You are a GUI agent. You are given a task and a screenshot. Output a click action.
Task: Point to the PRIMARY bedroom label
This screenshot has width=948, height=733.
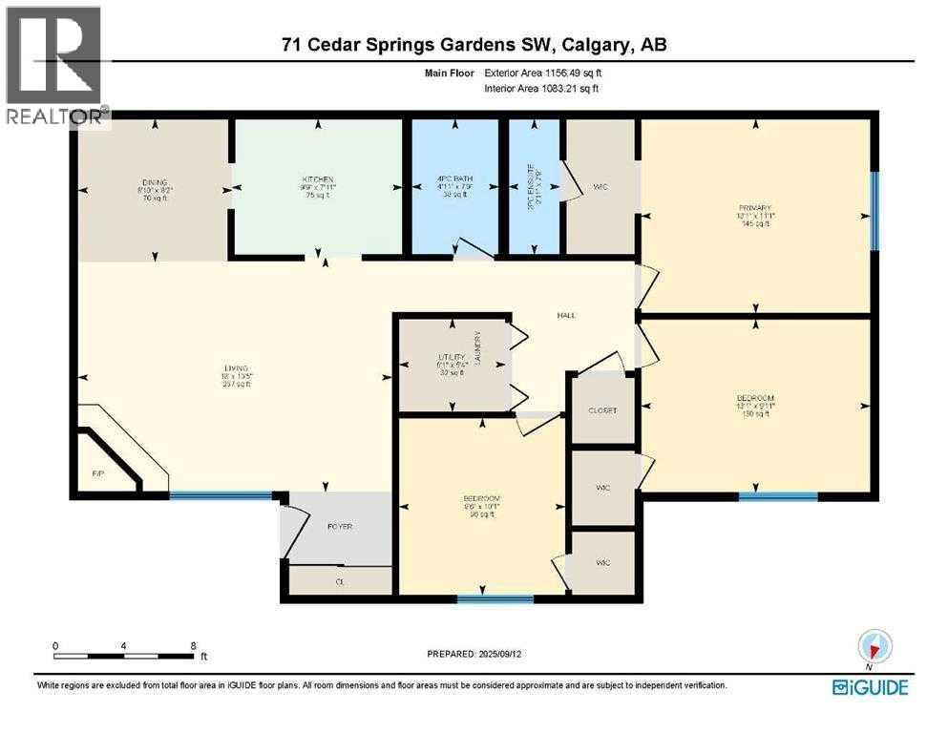click(755, 207)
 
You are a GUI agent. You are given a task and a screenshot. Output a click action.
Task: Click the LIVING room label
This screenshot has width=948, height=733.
click(236, 367)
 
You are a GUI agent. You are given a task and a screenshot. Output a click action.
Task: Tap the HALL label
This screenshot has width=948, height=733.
click(566, 316)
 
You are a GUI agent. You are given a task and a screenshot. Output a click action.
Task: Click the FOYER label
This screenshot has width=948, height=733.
click(341, 526)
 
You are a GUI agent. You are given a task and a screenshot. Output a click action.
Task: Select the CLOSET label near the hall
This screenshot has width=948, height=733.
click(601, 410)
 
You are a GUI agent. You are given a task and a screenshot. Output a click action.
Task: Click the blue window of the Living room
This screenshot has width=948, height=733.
click(221, 495)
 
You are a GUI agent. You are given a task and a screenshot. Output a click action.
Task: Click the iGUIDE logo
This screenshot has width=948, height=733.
click(870, 686)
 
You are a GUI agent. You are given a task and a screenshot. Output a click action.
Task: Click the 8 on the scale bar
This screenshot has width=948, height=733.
click(193, 646)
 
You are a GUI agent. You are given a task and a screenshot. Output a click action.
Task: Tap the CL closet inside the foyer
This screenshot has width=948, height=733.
click(340, 580)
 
